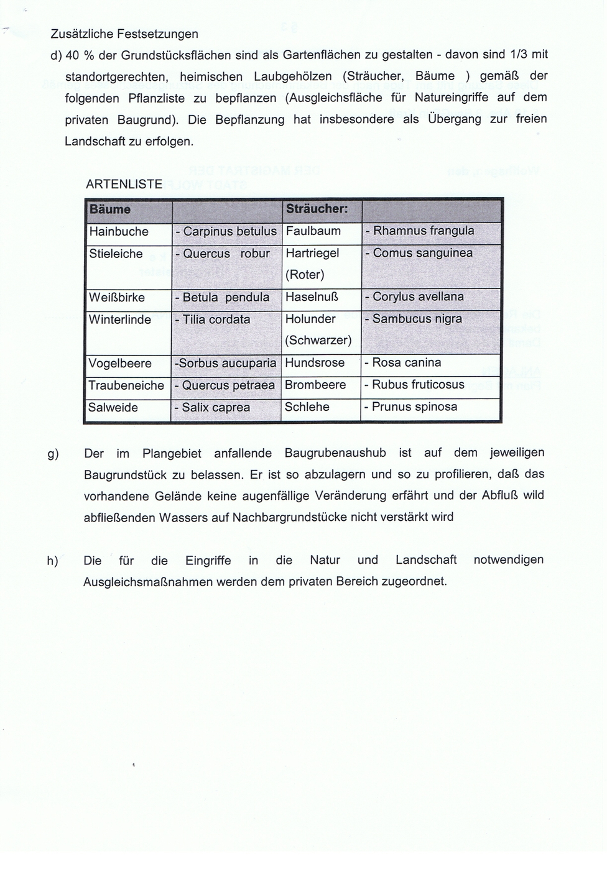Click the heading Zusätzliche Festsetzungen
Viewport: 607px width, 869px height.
[124, 34]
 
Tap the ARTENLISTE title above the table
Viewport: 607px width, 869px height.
[124, 184]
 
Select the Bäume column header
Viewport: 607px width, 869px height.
[110, 209]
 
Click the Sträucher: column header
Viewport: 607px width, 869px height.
[316, 209]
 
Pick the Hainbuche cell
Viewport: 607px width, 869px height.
[119, 232]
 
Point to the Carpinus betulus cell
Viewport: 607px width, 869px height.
[226, 232]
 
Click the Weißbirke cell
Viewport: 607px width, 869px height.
[117, 298]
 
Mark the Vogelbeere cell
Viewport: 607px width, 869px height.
[118, 364]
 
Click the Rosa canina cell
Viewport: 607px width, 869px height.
[403, 362]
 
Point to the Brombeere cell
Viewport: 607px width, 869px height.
[315, 385]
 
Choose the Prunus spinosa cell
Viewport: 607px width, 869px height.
[411, 407]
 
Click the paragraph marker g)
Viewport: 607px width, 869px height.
[53, 454]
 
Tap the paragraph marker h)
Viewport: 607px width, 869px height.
[52, 561]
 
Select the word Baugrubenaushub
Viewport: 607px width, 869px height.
[335, 453]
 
